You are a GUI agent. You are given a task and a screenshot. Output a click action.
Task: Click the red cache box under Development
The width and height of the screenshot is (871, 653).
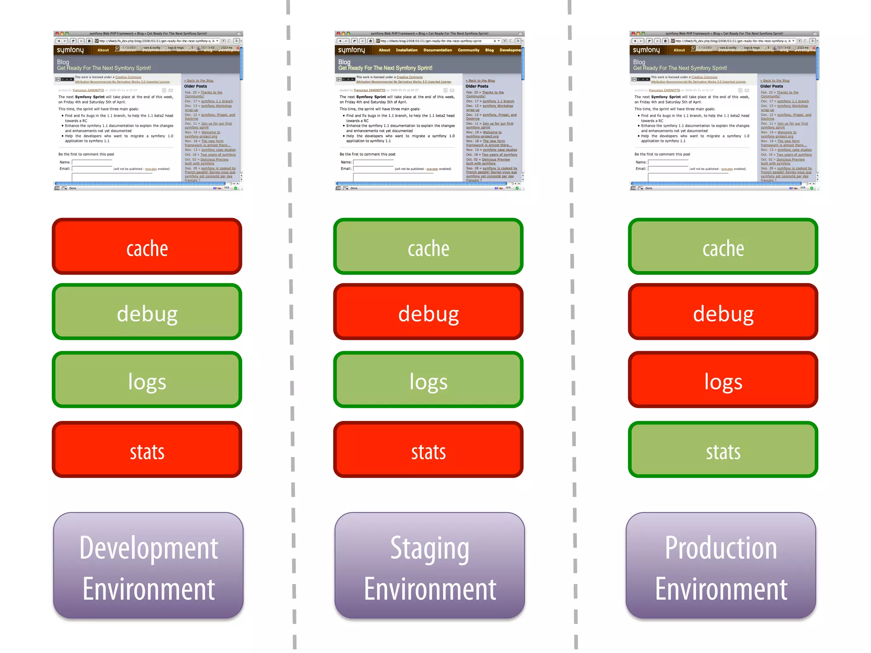(147, 247)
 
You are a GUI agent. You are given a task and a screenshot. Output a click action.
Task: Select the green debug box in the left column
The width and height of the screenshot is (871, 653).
(147, 312)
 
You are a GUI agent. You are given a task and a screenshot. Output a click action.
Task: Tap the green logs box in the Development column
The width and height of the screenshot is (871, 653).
(147, 380)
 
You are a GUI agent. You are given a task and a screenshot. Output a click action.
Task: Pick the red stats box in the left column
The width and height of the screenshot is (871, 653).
(147, 450)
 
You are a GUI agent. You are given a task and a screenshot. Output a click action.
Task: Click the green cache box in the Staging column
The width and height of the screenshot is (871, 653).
(428, 247)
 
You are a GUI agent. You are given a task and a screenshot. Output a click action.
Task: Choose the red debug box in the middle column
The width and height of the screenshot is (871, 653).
(428, 312)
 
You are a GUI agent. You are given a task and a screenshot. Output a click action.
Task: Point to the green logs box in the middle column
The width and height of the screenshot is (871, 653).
(428, 380)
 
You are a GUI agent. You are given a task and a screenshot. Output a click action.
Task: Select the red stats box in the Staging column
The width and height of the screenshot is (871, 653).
(428, 450)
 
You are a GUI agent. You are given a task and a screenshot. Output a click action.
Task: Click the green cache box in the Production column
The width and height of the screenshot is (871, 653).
(723, 247)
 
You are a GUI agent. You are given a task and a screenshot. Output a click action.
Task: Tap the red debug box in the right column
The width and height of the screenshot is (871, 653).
(723, 312)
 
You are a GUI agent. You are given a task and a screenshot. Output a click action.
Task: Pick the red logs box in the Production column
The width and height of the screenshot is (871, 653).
(723, 380)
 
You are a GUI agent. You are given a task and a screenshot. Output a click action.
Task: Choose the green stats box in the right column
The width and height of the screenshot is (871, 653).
(723, 450)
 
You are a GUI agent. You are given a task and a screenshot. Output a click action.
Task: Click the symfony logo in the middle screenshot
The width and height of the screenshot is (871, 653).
(351, 50)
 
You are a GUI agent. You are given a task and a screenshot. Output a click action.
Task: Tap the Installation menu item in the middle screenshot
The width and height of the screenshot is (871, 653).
(407, 50)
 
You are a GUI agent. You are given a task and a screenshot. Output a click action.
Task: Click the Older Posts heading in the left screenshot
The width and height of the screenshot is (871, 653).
(196, 86)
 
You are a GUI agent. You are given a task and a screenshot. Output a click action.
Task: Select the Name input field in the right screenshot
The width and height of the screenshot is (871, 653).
(668, 162)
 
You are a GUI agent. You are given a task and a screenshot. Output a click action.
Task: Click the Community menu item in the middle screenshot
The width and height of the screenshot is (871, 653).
(468, 50)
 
